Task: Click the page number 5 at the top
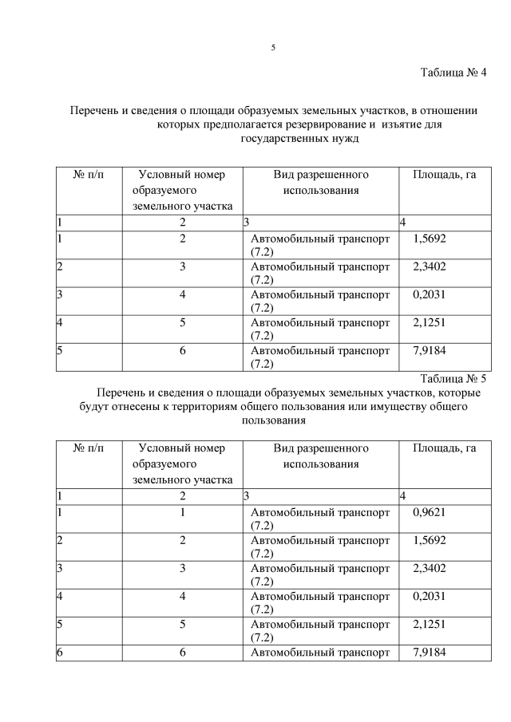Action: [x=273, y=48]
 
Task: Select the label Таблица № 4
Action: [x=453, y=73]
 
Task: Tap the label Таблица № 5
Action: [x=453, y=379]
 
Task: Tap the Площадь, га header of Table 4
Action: [x=444, y=175]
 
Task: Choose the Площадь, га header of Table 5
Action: [x=444, y=448]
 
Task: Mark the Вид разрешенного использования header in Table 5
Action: [x=320, y=456]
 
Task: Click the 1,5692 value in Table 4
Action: [x=430, y=239]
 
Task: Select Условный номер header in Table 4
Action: [x=182, y=175]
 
